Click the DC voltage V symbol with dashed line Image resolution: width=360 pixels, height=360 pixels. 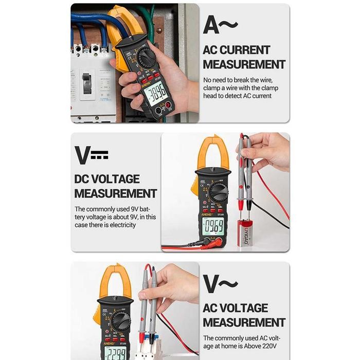[x=91, y=155]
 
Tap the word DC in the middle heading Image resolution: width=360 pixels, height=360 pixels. [x=84, y=179]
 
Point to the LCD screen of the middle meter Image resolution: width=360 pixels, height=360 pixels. [x=212, y=226]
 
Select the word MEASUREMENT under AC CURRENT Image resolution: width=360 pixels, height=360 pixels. [x=244, y=64]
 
